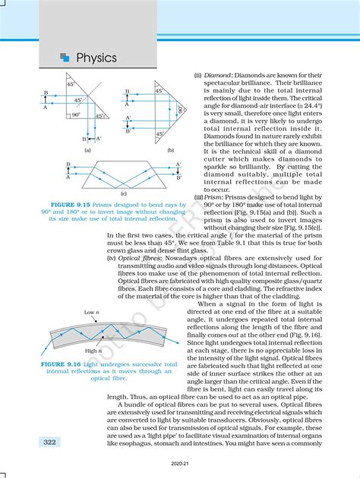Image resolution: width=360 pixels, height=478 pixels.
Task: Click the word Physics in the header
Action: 96,58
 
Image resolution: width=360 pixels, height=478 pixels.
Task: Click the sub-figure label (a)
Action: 88,151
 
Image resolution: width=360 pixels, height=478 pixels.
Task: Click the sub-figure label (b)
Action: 170,151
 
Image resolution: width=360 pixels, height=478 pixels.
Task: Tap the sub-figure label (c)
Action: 123,195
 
